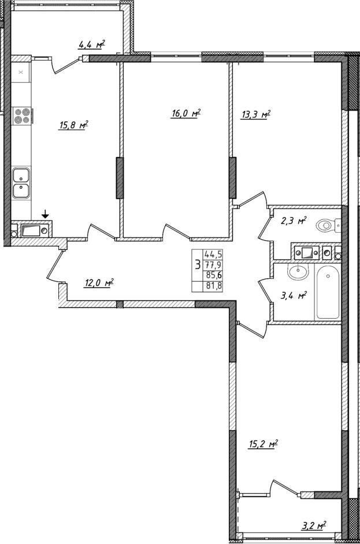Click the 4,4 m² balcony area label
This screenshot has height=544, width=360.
coord(91,44)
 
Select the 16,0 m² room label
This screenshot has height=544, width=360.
coord(185,114)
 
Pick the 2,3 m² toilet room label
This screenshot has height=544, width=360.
coord(294,221)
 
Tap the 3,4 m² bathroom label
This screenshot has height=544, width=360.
coord(293,296)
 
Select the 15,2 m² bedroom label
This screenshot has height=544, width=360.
coord(264,444)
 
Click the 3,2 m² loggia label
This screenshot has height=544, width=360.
coord(314,526)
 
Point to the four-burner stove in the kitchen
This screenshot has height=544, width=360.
coord(22,115)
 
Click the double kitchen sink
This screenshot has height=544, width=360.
coord(22,182)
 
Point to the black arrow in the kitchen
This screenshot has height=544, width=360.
coord(45,215)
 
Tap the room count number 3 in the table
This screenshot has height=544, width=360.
coord(198,265)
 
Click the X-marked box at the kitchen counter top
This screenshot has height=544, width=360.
coord(21,72)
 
